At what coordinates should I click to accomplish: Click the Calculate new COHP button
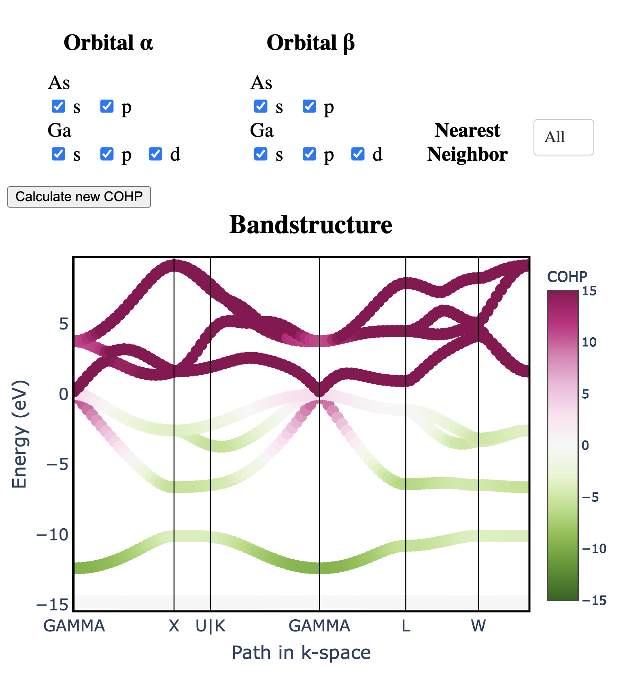click(x=79, y=197)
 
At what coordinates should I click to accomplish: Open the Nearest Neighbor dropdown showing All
click(x=563, y=137)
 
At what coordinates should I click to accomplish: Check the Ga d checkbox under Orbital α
click(x=155, y=154)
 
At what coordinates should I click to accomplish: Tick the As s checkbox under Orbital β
click(x=261, y=106)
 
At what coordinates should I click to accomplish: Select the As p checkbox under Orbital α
click(x=107, y=106)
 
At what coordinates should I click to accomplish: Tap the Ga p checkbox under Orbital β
click(x=309, y=154)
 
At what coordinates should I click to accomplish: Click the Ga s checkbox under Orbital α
click(x=58, y=154)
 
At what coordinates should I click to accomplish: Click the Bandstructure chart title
click(x=310, y=225)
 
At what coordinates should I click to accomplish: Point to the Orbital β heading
click(x=310, y=43)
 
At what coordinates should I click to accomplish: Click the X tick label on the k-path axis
click(x=174, y=626)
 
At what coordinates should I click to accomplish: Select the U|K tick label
click(x=210, y=626)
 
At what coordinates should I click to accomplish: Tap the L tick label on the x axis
click(x=406, y=626)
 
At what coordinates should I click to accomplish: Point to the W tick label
click(x=478, y=626)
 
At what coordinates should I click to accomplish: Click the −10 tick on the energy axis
click(x=53, y=535)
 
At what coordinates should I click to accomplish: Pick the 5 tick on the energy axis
click(x=64, y=324)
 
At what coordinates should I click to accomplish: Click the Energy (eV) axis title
click(x=19, y=434)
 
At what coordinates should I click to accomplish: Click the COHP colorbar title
click(x=567, y=277)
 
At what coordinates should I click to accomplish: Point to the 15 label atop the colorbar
click(x=589, y=291)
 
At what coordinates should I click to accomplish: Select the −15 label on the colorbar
click(x=594, y=600)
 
